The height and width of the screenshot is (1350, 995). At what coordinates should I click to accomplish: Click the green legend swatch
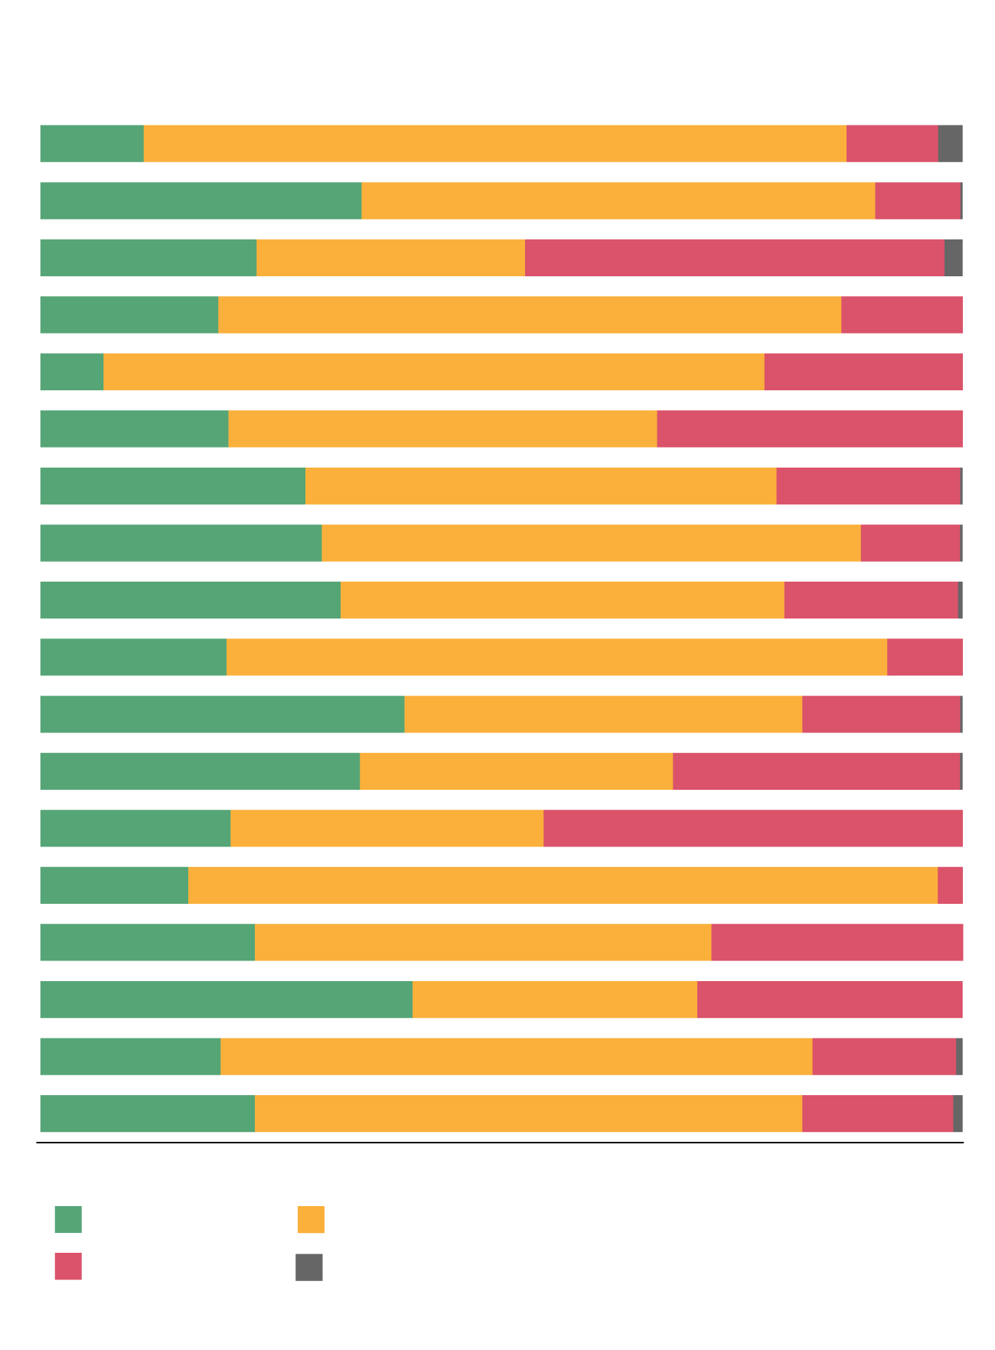(68, 1219)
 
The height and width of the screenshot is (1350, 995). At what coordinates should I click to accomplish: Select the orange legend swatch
(311, 1219)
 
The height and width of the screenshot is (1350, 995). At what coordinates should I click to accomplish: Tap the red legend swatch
(68, 1266)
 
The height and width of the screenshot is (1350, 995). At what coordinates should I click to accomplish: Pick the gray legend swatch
(309, 1267)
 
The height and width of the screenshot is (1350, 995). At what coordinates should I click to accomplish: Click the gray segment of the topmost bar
(950, 143)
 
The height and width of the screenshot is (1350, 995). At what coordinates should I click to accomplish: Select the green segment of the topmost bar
(92, 143)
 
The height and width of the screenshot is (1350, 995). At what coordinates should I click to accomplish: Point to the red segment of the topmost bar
(892, 143)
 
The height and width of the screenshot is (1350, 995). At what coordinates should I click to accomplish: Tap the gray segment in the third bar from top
(953, 257)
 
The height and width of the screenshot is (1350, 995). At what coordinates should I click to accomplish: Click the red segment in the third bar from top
(734, 257)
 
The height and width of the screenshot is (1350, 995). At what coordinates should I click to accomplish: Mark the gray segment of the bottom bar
(957, 1114)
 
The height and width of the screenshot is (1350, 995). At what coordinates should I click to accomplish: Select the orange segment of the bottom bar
(528, 1114)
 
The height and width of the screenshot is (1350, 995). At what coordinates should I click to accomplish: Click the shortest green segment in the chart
(71, 371)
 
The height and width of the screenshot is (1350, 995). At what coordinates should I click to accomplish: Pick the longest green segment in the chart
(226, 999)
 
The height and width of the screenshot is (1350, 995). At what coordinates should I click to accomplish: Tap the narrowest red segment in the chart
(950, 885)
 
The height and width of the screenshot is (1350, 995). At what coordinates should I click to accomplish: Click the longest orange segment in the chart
(563, 885)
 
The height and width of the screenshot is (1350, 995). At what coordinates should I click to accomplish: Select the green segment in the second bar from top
(201, 201)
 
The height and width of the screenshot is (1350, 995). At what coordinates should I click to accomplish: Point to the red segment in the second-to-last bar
(884, 1056)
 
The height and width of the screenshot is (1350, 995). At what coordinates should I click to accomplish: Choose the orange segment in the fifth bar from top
(433, 371)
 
